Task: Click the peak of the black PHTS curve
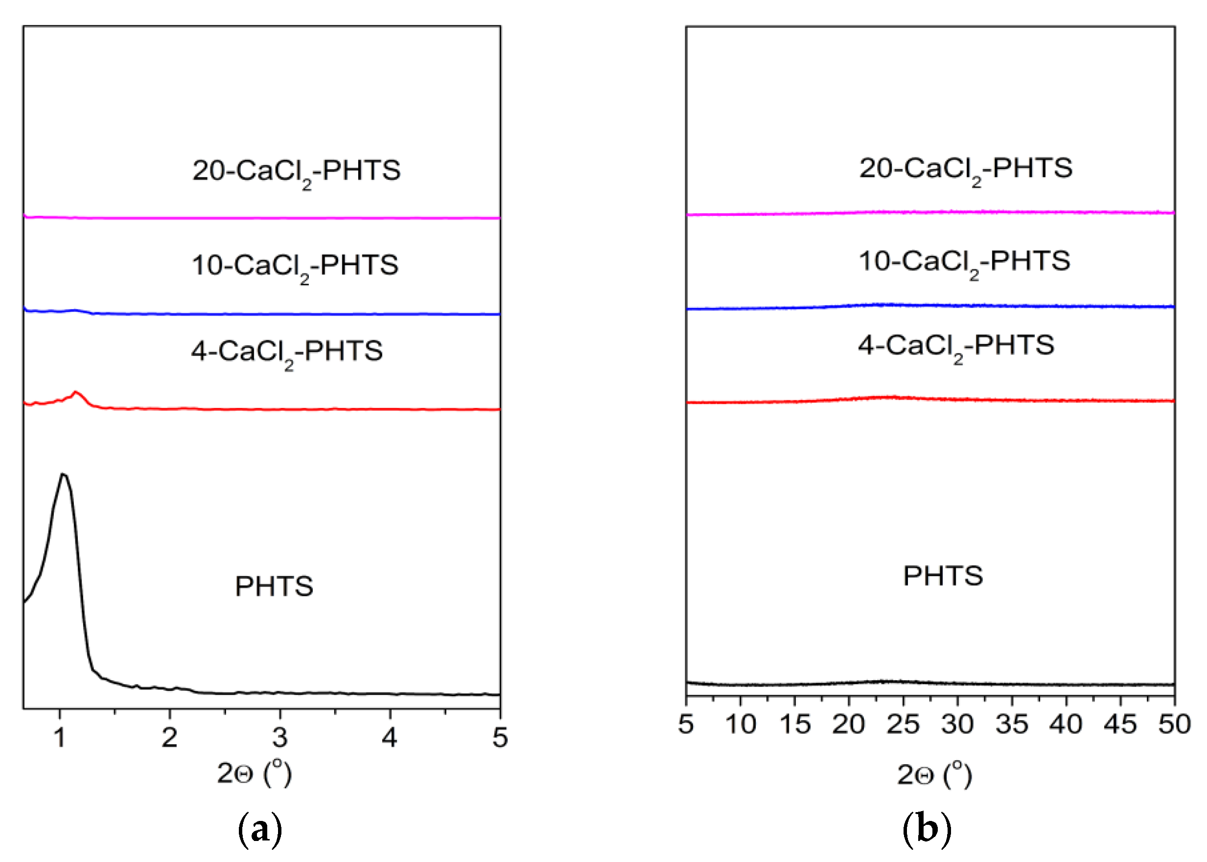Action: pyautogui.click(x=63, y=474)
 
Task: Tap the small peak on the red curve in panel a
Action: pyautogui.click(x=75, y=393)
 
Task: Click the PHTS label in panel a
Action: pyautogui.click(x=274, y=587)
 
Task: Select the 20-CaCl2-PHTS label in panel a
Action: pyautogui.click(x=296, y=171)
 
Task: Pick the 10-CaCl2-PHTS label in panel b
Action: pyautogui.click(x=964, y=262)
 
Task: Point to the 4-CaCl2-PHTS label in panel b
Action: pyautogui.click(x=956, y=346)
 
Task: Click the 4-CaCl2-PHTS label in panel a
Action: pyautogui.click(x=287, y=352)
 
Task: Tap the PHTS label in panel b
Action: pyautogui.click(x=943, y=576)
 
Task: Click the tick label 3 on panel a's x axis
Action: pyautogui.click(x=279, y=737)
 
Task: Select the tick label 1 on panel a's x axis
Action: pyautogui.click(x=60, y=737)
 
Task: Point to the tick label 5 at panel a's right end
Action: pyautogui.click(x=499, y=737)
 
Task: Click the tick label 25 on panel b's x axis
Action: pyautogui.click(x=903, y=725)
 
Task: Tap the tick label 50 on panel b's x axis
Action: pyautogui.click(x=1175, y=725)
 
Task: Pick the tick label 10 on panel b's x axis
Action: pyautogui.click(x=741, y=725)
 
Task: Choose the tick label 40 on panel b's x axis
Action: pyautogui.click(x=1065, y=725)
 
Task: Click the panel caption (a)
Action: pyautogui.click(x=260, y=830)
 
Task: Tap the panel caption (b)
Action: pyautogui.click(x=927, y=830)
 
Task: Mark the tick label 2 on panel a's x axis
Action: pyautogui.click(x=169, y=737)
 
